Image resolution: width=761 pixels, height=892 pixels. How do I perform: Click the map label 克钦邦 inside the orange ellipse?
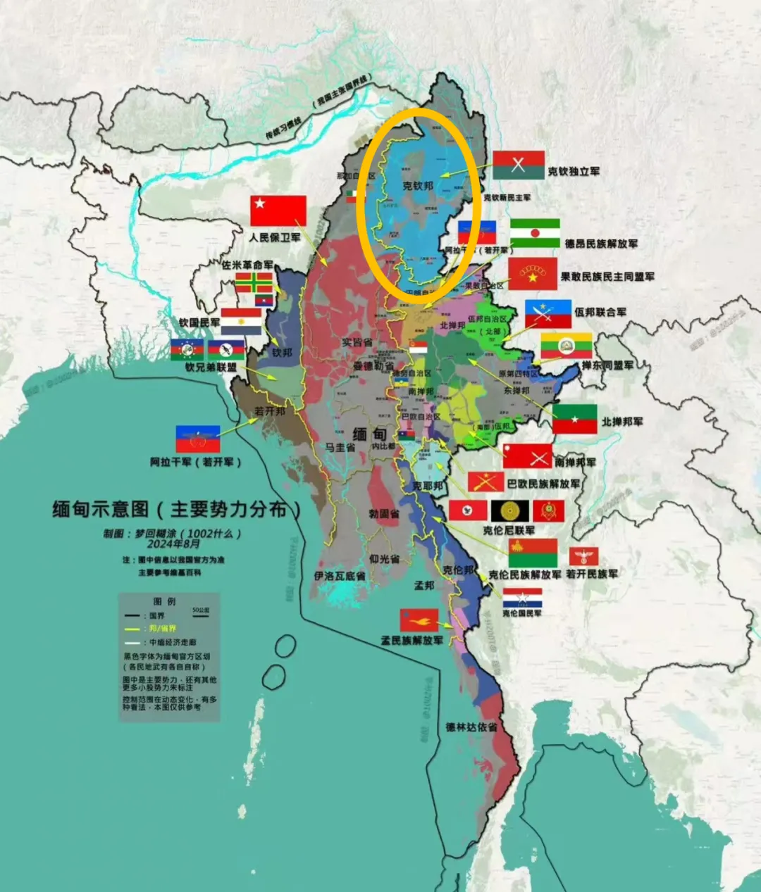[x=417, y=186]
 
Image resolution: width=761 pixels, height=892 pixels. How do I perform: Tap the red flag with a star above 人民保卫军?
[x=278, y=211]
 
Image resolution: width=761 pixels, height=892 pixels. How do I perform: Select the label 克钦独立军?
[x=574, y=171]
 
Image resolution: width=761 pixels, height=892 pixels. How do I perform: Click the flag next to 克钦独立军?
[x=519, y=165]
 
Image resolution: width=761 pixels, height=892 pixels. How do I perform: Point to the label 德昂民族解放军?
[x=601, y=244]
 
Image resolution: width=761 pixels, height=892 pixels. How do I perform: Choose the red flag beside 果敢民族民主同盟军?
[x=533, y=274]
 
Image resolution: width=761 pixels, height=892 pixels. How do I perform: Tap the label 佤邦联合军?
[x=600, y=311]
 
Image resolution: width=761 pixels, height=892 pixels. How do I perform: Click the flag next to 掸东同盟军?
[x=566, y=346]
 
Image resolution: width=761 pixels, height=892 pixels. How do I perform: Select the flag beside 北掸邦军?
[x=574, y=419]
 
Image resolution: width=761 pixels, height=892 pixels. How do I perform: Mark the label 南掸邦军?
[x=575, y=462]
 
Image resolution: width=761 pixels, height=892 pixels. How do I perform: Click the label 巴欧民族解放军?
[x=543, y=484]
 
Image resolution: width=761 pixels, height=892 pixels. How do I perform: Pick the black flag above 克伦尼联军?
[x=510, y=511]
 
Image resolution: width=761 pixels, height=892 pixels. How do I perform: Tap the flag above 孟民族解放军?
[x=419, y=620]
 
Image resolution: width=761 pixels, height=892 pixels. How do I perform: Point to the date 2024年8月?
[x=173, y=544]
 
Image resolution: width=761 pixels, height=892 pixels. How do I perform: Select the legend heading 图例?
[x=164, y=601]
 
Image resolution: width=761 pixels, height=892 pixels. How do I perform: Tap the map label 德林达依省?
[x=471, y=727]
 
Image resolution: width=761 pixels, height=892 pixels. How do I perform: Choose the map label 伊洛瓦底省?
[x=339, y=576]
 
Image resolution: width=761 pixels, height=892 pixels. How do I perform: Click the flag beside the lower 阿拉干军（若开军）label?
[x=198, y=439]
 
